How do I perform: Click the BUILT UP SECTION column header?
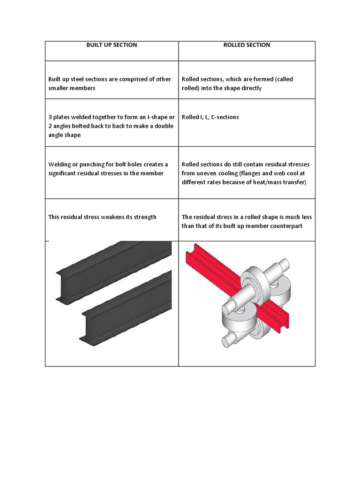click(112, 45)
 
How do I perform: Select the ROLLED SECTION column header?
click(247, 45)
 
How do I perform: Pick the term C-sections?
click(225, 117)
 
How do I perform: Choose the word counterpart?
click(283, 226)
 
